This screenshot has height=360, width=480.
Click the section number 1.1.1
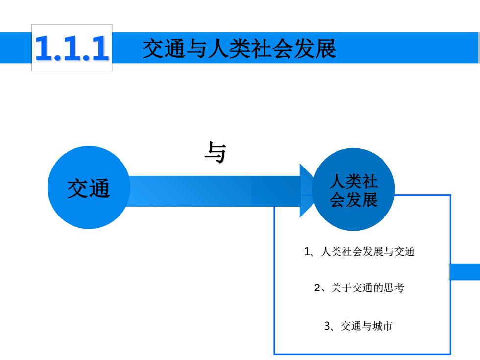(x=72, y=48)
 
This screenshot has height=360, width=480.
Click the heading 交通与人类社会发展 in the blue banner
(x=239, y=48)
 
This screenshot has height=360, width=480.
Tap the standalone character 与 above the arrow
(x=215, y=152)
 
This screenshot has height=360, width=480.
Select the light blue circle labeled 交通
(x=89, y=187)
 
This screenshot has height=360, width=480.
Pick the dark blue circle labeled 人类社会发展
(x=354, y=190)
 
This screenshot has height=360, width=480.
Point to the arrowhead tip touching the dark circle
(x=314, y=191)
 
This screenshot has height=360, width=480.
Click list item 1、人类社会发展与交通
(x=360, y=251)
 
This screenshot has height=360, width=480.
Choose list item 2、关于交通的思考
(x=359, y=288)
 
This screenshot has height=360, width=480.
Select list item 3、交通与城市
(x=358, y=326)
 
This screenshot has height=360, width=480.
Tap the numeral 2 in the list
(x=317, y=288)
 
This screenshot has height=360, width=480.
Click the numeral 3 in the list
(x=327, y=326)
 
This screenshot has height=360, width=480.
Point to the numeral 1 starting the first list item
(x=307, y=252)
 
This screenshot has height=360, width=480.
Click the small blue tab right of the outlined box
(x=465, y=272)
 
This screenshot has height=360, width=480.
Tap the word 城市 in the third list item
(x=383, y=326)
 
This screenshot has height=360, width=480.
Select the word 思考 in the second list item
(x=394, y=288)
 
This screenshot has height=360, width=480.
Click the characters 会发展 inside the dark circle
(x=354, y=200)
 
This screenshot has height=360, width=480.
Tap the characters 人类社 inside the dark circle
(x=354, y=181)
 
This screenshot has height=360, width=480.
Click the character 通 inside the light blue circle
(x=100, y=188)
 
